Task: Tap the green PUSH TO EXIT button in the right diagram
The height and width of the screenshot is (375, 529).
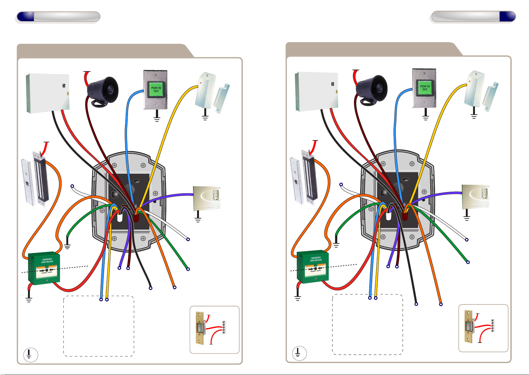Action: [x=425, y=88]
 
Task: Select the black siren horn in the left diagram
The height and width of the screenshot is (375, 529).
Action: [x=103, y=90]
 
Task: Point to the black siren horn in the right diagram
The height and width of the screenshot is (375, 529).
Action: [x=372, y=88]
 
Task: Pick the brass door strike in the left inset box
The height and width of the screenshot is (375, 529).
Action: [x=200, y=328]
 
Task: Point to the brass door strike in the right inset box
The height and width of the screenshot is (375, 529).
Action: [x=469, y=327]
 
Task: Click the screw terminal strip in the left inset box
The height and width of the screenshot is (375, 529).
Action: [x=224, y=327]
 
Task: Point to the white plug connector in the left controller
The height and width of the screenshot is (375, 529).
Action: [x=120, y=218]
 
